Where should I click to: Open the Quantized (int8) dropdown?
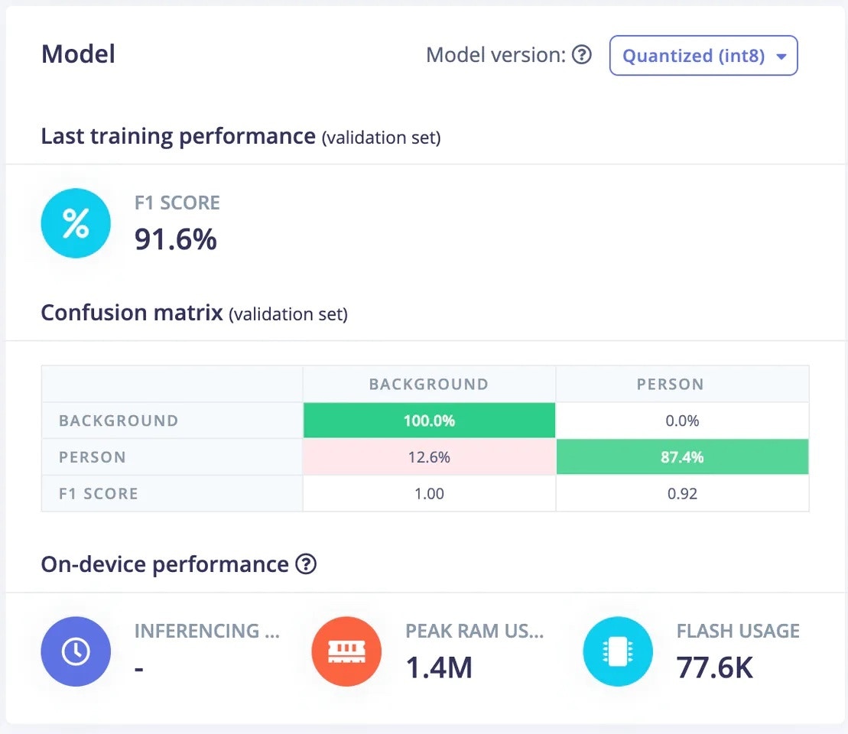coord(703,56)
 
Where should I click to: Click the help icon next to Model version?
coord(582,55)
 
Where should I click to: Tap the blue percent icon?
coord(76,223)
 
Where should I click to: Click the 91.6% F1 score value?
coord(176,239)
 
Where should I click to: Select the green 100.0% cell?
coord(429,421)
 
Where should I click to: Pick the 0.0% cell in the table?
coord(682,421)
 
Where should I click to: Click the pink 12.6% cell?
coord(429,457)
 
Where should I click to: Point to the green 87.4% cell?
coord(682,457)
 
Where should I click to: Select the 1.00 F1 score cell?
coord(429,494)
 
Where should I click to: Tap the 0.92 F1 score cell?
coord(682,494)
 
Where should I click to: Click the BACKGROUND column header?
coord(429,384)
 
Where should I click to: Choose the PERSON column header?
coord(671,384)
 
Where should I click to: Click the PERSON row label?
coord(93,457)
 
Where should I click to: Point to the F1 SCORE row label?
coord(99,494)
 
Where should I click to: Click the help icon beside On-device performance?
coord(306,564)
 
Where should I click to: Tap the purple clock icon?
coord(76,651)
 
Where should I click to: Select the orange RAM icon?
coord(346,651)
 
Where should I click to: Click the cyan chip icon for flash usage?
coord(618,651)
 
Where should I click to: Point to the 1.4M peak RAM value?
coord(439,667)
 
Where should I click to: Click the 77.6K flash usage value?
coord(715,667)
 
